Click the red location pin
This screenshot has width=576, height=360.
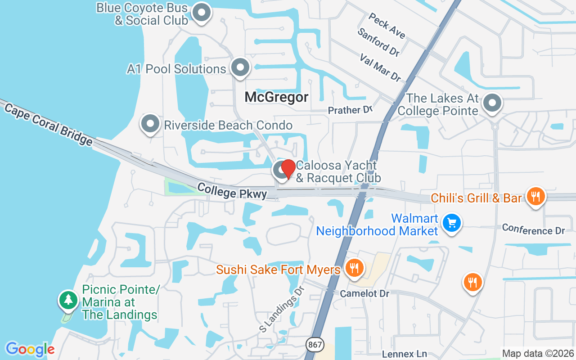tap(288, 169)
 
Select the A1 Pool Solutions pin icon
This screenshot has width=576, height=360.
tap(240, 67)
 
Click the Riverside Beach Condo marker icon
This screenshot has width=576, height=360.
tap(150, 123)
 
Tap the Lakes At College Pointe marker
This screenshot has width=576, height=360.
tap(492, 103)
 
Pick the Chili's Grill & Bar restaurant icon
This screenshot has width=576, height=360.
tap(535, 197)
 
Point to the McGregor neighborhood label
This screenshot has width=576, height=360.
tap(277, 97)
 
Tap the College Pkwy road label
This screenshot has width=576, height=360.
tap(232, 191)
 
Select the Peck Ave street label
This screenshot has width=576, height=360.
tap(387, 25)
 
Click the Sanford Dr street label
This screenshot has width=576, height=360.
tap(378, 42)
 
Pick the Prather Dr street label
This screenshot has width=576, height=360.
tap(351, 110)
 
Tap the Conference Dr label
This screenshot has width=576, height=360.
tap(533, 229)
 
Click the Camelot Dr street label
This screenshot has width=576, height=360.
tap(364, 293)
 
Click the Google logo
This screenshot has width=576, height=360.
tap(30, 349)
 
